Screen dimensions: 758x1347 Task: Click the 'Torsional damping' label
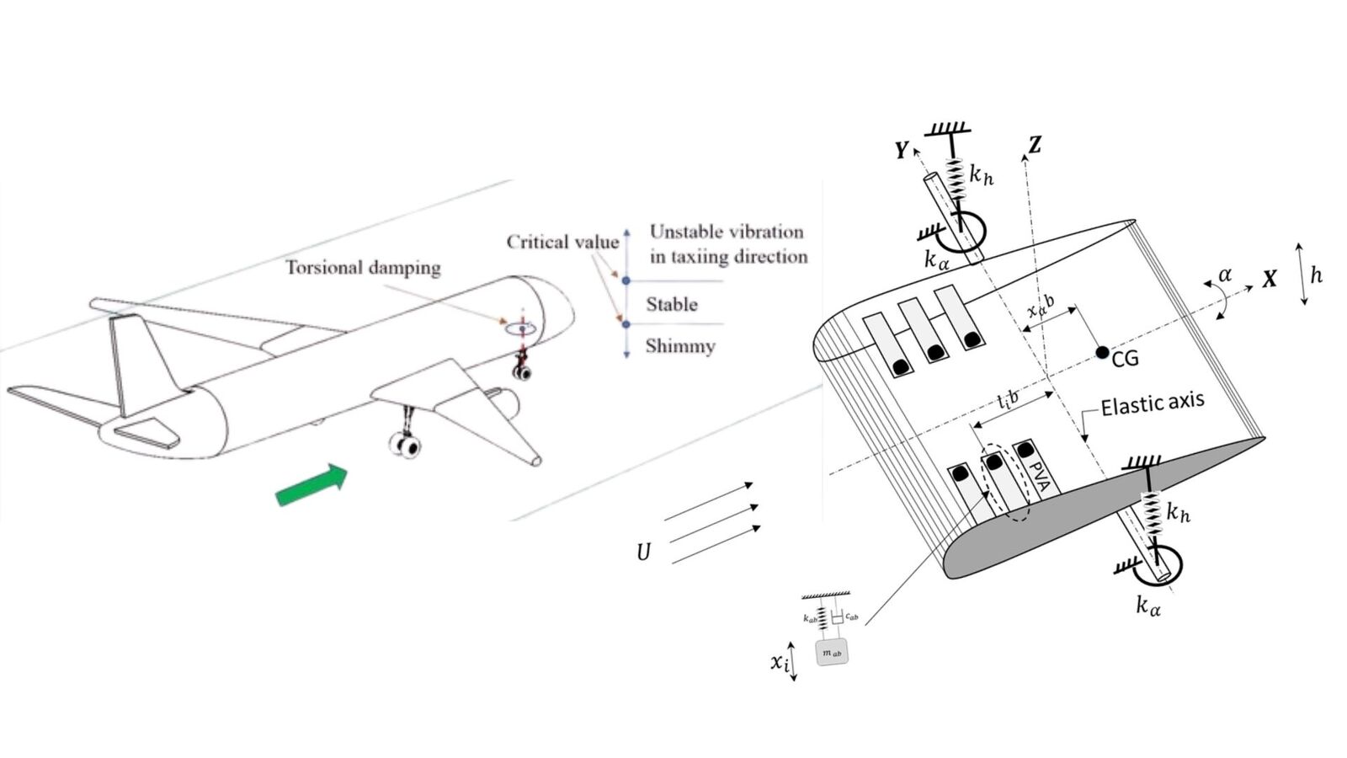[363, 268]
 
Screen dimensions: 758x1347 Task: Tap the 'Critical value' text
[562, 243]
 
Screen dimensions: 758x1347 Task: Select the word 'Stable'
[672, 304]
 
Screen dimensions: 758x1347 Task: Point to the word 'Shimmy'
[680, 346]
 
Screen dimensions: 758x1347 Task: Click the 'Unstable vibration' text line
[727, 232]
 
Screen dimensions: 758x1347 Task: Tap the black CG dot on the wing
[1102, 353]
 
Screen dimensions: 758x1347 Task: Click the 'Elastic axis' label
[1152, 403]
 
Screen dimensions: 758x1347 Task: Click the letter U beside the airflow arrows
[644, 552]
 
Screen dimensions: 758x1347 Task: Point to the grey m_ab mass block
[832, 653]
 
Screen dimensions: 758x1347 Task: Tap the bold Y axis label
[902, 151]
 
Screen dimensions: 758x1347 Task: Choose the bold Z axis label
[1035, 145]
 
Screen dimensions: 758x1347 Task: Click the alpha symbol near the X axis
[1225, 275]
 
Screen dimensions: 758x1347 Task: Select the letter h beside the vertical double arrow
[1317, 275]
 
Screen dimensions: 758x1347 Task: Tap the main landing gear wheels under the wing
[405, 445]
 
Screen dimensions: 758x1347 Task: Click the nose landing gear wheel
[522, 370]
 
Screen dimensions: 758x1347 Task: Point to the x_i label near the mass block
[780, 663]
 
